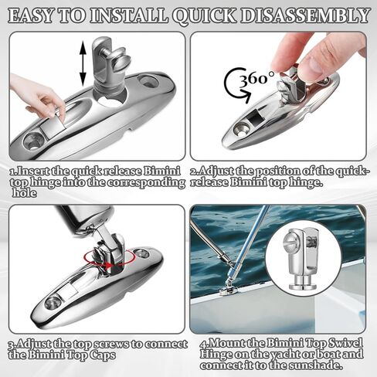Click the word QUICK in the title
click(x=204, y=16)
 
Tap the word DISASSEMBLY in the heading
click(x=304, y=15)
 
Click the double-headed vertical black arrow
click(x=83, y=64)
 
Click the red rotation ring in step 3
click(x=110, y=257)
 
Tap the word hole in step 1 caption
click(x=25, y=193)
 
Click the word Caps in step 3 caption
click(x=102, y=355)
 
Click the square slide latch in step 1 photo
click(x=53, y=128)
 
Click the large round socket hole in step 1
click(x=111, y=99)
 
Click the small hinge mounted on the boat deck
click(x=227, y=289)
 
